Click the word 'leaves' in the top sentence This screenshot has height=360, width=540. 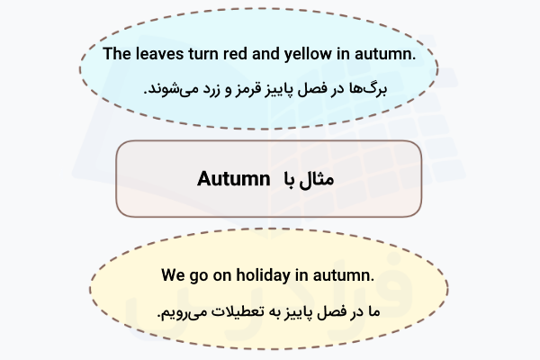[160, 55]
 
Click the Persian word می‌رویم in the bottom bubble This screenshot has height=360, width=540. [183, 310]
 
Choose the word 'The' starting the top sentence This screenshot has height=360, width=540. [118, 55]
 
